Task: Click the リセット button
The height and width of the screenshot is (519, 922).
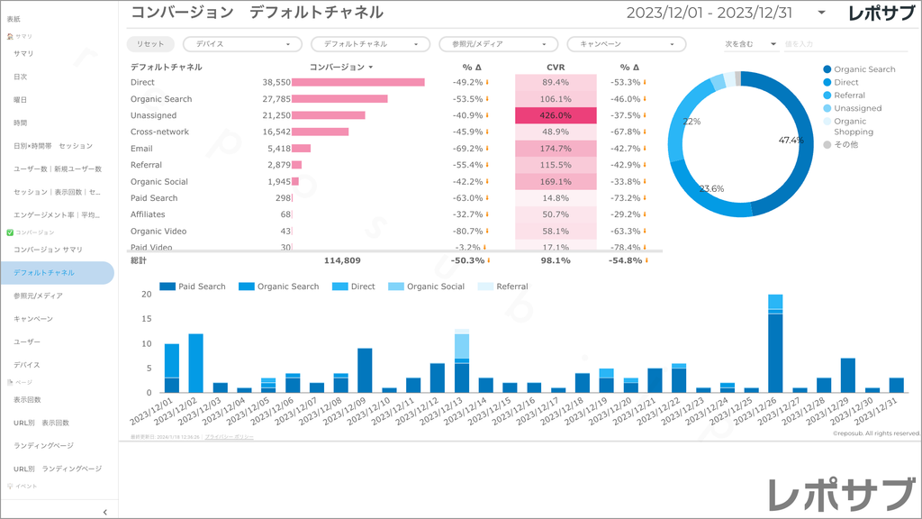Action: tap(150, 43)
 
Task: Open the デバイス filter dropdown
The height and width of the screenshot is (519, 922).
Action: tap(242, 43)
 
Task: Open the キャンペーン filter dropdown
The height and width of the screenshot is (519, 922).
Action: tap(626, 43)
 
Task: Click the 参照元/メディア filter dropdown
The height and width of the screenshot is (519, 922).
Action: tap(498, 43)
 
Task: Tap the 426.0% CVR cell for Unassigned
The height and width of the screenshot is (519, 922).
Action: tap(556, 115)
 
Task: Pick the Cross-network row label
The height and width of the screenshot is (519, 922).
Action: tap(159, 132)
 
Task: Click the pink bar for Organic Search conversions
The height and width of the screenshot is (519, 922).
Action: tap(339, 99)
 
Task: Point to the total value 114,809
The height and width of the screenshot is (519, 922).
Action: tap(342, 260)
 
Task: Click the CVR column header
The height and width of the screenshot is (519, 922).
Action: tap(556, 67)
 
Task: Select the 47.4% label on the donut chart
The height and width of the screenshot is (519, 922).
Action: tap(791, 141)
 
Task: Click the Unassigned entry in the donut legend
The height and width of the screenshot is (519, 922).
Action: tap(857, 108)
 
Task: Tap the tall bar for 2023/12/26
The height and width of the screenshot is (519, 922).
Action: tap(774, 351)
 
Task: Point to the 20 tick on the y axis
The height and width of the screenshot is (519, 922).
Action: tap(148, 319)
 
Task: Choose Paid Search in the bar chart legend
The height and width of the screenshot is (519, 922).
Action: tap(193, 287)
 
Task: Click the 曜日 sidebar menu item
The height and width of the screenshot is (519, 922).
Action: tap(20, 100)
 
